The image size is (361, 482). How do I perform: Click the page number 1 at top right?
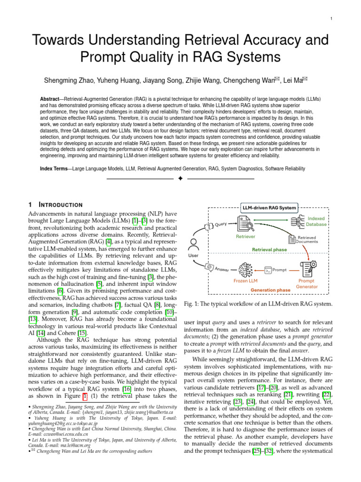coord(332,18)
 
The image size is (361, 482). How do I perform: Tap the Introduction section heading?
coord(60,205)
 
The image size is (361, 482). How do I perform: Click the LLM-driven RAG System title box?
coord(269,208)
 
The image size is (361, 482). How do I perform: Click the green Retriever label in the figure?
coord(245,236)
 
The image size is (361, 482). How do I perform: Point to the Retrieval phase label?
coord(270,249)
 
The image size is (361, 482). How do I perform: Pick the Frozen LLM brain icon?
coord(246,270)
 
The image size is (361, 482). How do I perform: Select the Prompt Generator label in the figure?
coord(307,283)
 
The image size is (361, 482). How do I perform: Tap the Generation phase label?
coord(270,290)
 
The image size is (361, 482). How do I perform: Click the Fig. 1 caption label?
coord(194,303)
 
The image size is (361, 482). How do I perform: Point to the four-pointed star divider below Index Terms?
coord(180,179)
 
